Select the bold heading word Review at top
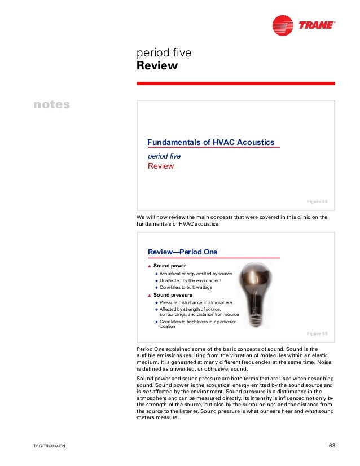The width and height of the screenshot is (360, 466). (x=157, y=67)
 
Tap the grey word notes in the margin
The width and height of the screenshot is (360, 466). (x=51, y=105)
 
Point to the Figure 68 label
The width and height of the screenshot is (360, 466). (x=317, y=201)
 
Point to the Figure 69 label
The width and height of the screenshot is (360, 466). (x=317, y=333)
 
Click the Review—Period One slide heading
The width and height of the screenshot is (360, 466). (x=182, y=252)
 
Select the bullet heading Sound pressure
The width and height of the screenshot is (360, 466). (x=173, y=294)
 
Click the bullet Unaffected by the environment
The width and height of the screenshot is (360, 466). (x=190, y=280)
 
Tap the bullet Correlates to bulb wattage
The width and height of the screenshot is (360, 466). (x=185, y=287)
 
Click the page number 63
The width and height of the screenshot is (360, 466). (x=332, y=447)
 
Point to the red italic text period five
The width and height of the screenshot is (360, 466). (x=164, y=156)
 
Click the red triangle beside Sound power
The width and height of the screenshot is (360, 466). (x=150, y=266)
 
